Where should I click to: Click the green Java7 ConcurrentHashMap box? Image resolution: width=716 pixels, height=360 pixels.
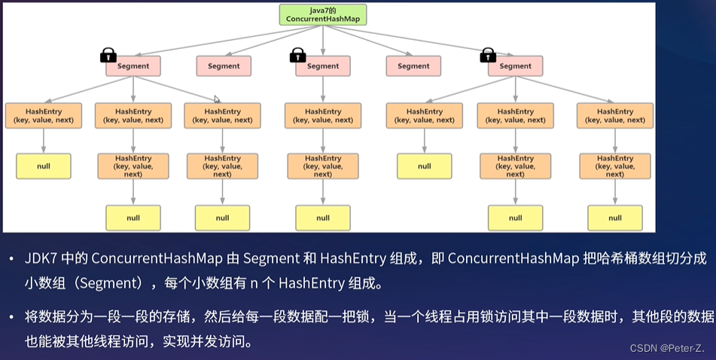[322, 14]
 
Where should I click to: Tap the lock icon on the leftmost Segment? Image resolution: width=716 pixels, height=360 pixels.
[108, 55]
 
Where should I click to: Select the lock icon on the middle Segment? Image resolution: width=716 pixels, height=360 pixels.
[298, 55]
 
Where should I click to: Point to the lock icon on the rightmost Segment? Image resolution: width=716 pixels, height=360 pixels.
[488, 55]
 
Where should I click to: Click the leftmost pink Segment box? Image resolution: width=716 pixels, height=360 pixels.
[133, 66]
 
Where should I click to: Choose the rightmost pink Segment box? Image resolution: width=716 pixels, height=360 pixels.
[515, 66]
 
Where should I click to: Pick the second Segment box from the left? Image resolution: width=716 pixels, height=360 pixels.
[224, 66]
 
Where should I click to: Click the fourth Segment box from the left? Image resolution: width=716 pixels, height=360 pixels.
[413, 66]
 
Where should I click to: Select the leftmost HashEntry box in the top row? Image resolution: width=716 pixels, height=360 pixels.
[43, 115]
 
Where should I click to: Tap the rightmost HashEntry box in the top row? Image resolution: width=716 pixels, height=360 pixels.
[615, 115]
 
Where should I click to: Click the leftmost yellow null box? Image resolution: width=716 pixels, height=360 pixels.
[44, 166]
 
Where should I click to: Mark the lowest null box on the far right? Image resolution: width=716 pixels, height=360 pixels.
[615, 218]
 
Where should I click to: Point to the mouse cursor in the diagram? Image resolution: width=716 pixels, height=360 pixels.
[217, 99]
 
